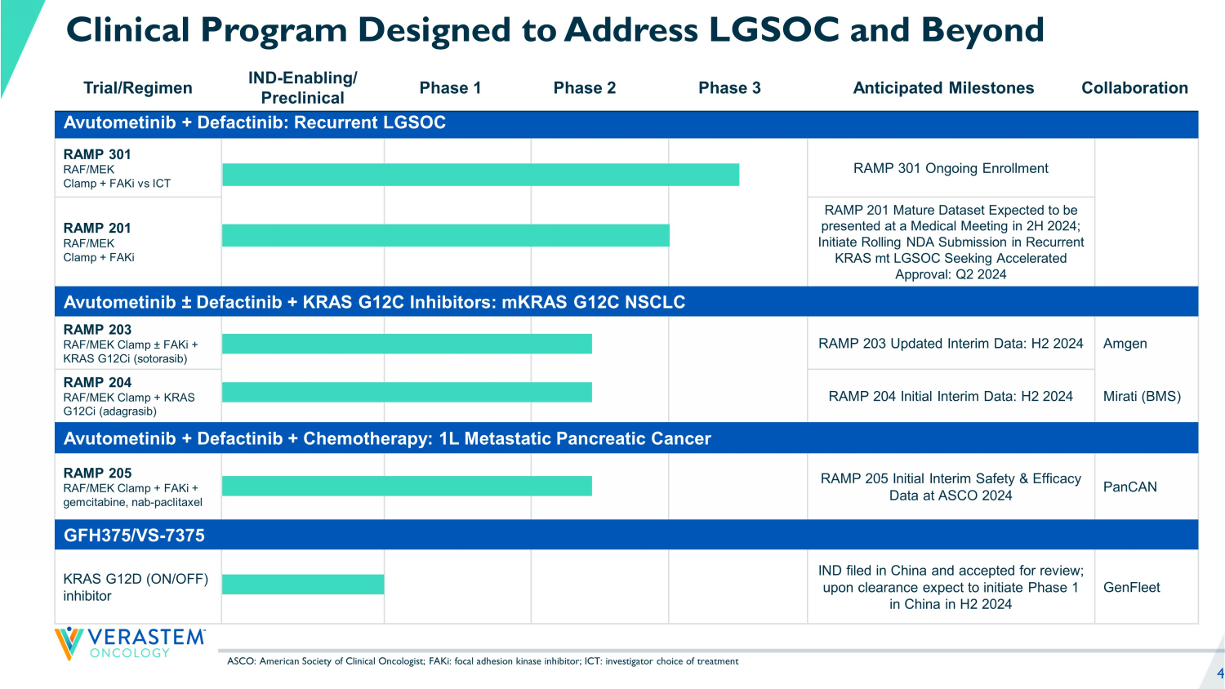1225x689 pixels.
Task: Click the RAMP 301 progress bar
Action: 480,175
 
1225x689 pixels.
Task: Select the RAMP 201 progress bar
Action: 445,235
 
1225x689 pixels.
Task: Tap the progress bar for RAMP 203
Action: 407,344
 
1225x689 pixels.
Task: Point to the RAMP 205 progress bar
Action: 407,486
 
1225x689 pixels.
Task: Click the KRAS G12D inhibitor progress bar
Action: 303,584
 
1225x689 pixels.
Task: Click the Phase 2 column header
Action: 585,88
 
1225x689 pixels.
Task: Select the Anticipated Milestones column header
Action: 943,88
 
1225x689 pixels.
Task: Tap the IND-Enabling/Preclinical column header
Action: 303,88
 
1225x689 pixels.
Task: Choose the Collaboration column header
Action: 1134,88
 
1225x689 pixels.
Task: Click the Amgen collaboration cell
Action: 1125,344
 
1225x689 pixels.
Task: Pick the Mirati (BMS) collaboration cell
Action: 1142,397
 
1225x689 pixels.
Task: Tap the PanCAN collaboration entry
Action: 1129,487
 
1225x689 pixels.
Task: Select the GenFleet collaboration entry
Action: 1131,587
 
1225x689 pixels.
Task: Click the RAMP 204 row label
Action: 96,382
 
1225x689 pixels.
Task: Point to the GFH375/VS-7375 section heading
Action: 135,536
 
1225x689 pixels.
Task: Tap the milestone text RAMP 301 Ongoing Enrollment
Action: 951,168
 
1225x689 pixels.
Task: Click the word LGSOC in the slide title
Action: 773,30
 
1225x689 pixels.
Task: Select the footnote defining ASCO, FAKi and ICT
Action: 482,661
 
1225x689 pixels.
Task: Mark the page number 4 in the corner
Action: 1220,673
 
